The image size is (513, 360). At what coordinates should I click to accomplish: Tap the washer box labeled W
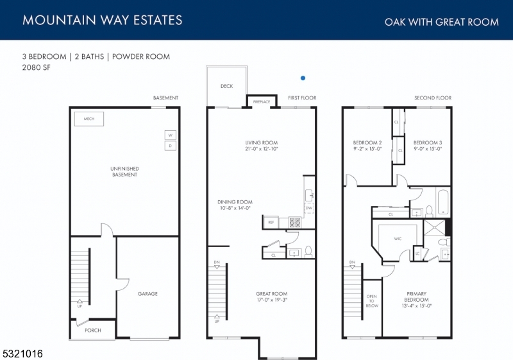point(171,135)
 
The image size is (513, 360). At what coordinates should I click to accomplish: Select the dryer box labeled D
point(171,146)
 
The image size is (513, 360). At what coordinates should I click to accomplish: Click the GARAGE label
point(147,294)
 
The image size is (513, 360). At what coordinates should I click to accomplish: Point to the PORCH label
point(93,330)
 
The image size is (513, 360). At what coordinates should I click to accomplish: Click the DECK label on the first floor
point(226,86)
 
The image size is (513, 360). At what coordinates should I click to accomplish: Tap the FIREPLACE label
point(262,102)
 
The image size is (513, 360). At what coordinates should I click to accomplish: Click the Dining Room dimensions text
point(235,208)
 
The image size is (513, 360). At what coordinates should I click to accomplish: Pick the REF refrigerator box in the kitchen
point(271,222)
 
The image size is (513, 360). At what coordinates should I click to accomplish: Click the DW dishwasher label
point(308,208)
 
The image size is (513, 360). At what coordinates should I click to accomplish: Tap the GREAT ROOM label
point(271,294)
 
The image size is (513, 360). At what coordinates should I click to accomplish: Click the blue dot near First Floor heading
point(303,78)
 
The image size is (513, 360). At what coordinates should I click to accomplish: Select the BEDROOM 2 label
point(367,142)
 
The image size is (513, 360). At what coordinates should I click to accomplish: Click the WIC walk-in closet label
point(398,238)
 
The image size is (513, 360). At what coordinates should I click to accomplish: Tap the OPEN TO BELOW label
point(371,301)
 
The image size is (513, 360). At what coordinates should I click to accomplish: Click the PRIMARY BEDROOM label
point(416,297)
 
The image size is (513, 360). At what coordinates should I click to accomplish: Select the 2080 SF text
point(36,67)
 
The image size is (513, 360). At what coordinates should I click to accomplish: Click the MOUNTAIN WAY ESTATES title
point(102,20)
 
